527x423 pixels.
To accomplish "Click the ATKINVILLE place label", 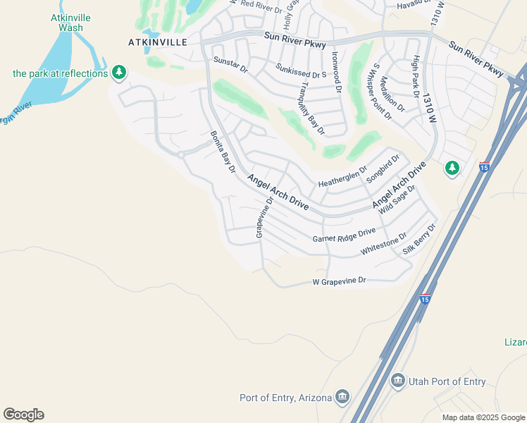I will pyautogui.click(x=158, y=42).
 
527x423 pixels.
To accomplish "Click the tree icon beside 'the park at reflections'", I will pyautogui.click(x=120, y=72).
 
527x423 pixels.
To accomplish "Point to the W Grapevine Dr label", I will pyautogui.click(x=340, y=281).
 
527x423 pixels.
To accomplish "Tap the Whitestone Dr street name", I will pyautogui.click(x=383, y=245).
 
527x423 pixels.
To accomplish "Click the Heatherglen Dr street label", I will pyautogui.click(x=342, y=176).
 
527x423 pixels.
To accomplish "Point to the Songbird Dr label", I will pyautogui.click(x=383, y=169).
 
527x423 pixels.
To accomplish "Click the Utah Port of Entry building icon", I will pyautogui.click(x=398, y=381).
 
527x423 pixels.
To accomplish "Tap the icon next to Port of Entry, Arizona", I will pyautogui.click(x=342, y=397).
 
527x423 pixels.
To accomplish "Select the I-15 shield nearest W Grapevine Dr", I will pyautogui.click(x=424, y=299).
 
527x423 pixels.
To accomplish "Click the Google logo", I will pyautogui.click(x=23, y=415).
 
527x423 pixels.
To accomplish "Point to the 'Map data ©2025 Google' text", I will pyautogui.click(x=483, y=417).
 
